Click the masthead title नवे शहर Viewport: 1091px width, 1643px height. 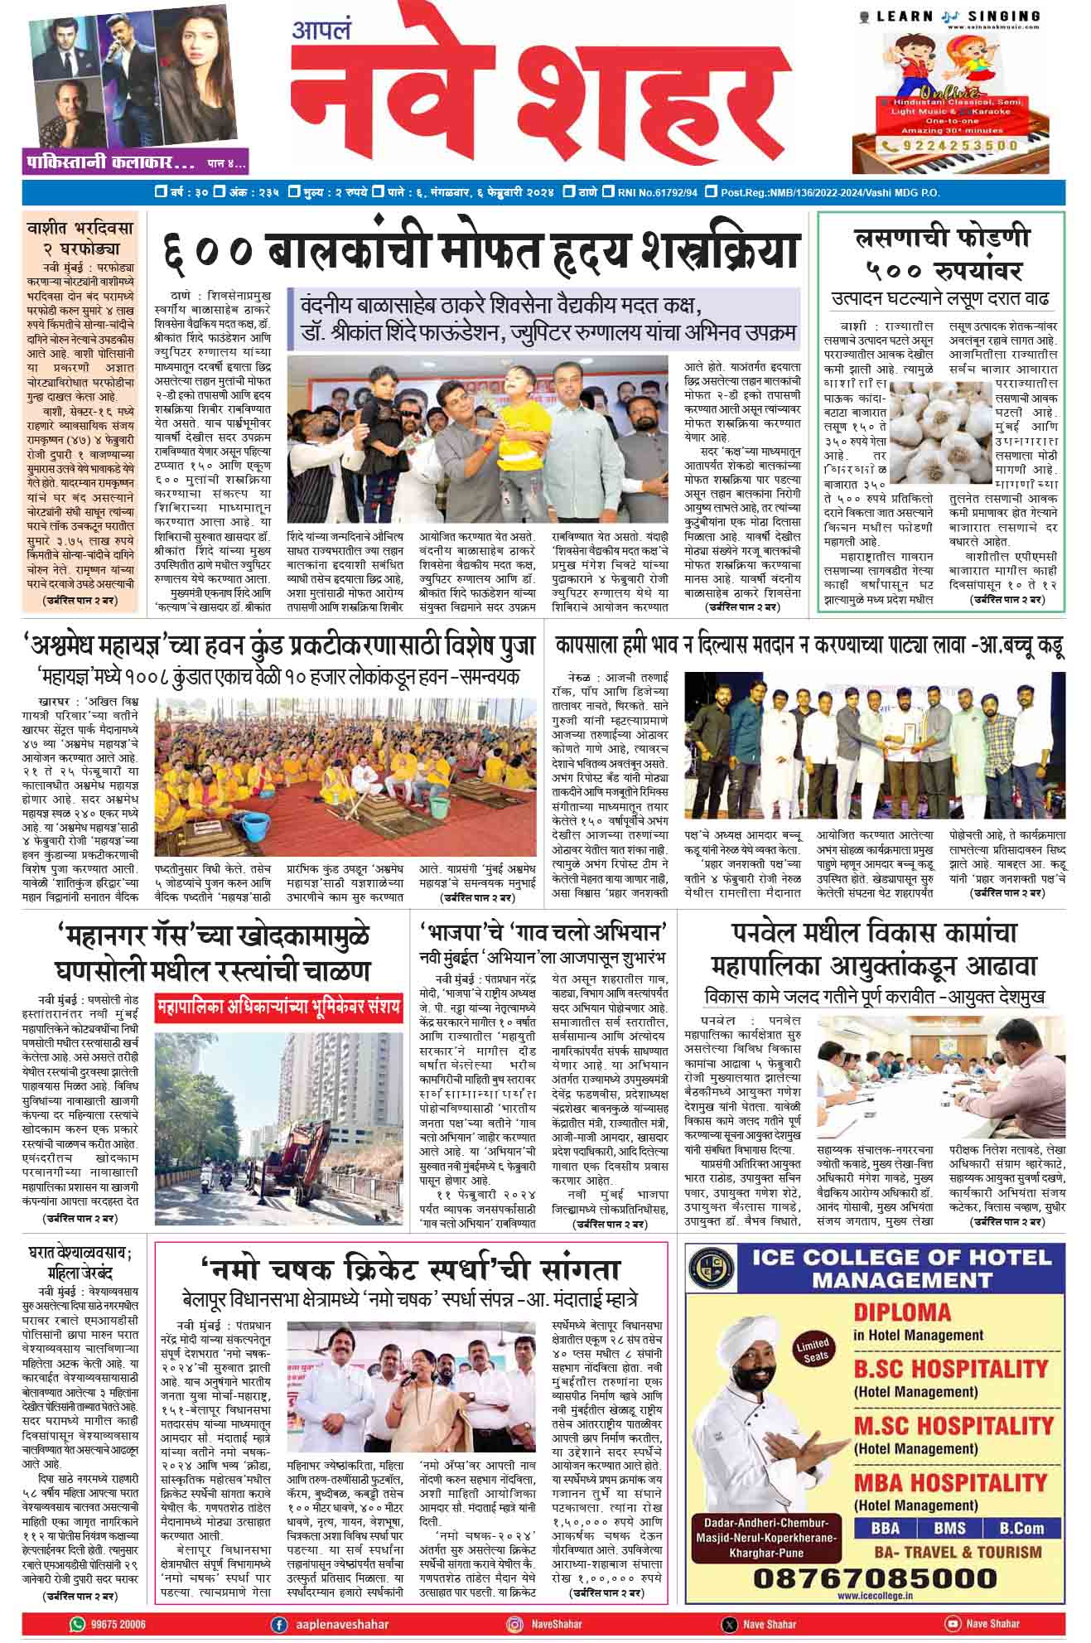[x=538, y=91]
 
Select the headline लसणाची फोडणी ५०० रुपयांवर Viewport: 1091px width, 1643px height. [x=941, y=254]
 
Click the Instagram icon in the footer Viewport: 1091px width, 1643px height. [x=515, y=1624]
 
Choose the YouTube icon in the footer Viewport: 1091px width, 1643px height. [x=952, y=1624]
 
